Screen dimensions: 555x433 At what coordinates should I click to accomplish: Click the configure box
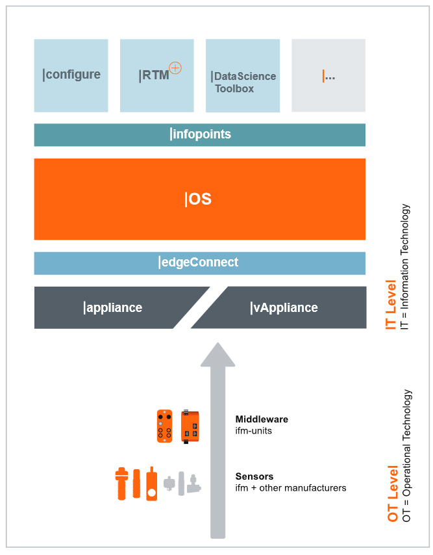[71, 75]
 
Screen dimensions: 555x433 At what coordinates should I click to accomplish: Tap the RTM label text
[155, 75]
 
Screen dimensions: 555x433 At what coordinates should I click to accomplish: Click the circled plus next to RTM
[175, 68]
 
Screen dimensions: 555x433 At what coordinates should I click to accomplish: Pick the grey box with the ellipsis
[328, 75]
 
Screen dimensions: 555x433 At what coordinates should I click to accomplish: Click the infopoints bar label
[200, 135]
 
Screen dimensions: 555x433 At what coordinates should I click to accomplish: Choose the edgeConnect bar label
[199, 263]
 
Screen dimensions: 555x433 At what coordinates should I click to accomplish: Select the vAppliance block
[284, 307]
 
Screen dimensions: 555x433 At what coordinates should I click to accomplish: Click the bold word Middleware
[262, 419]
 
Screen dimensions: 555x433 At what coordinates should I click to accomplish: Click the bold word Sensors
[254, 476]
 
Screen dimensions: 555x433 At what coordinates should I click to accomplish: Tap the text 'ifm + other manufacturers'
[290, 487]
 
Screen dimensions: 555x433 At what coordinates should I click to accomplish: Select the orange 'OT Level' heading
[391, 494]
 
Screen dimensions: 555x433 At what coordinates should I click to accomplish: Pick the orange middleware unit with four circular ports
[165, 426]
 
